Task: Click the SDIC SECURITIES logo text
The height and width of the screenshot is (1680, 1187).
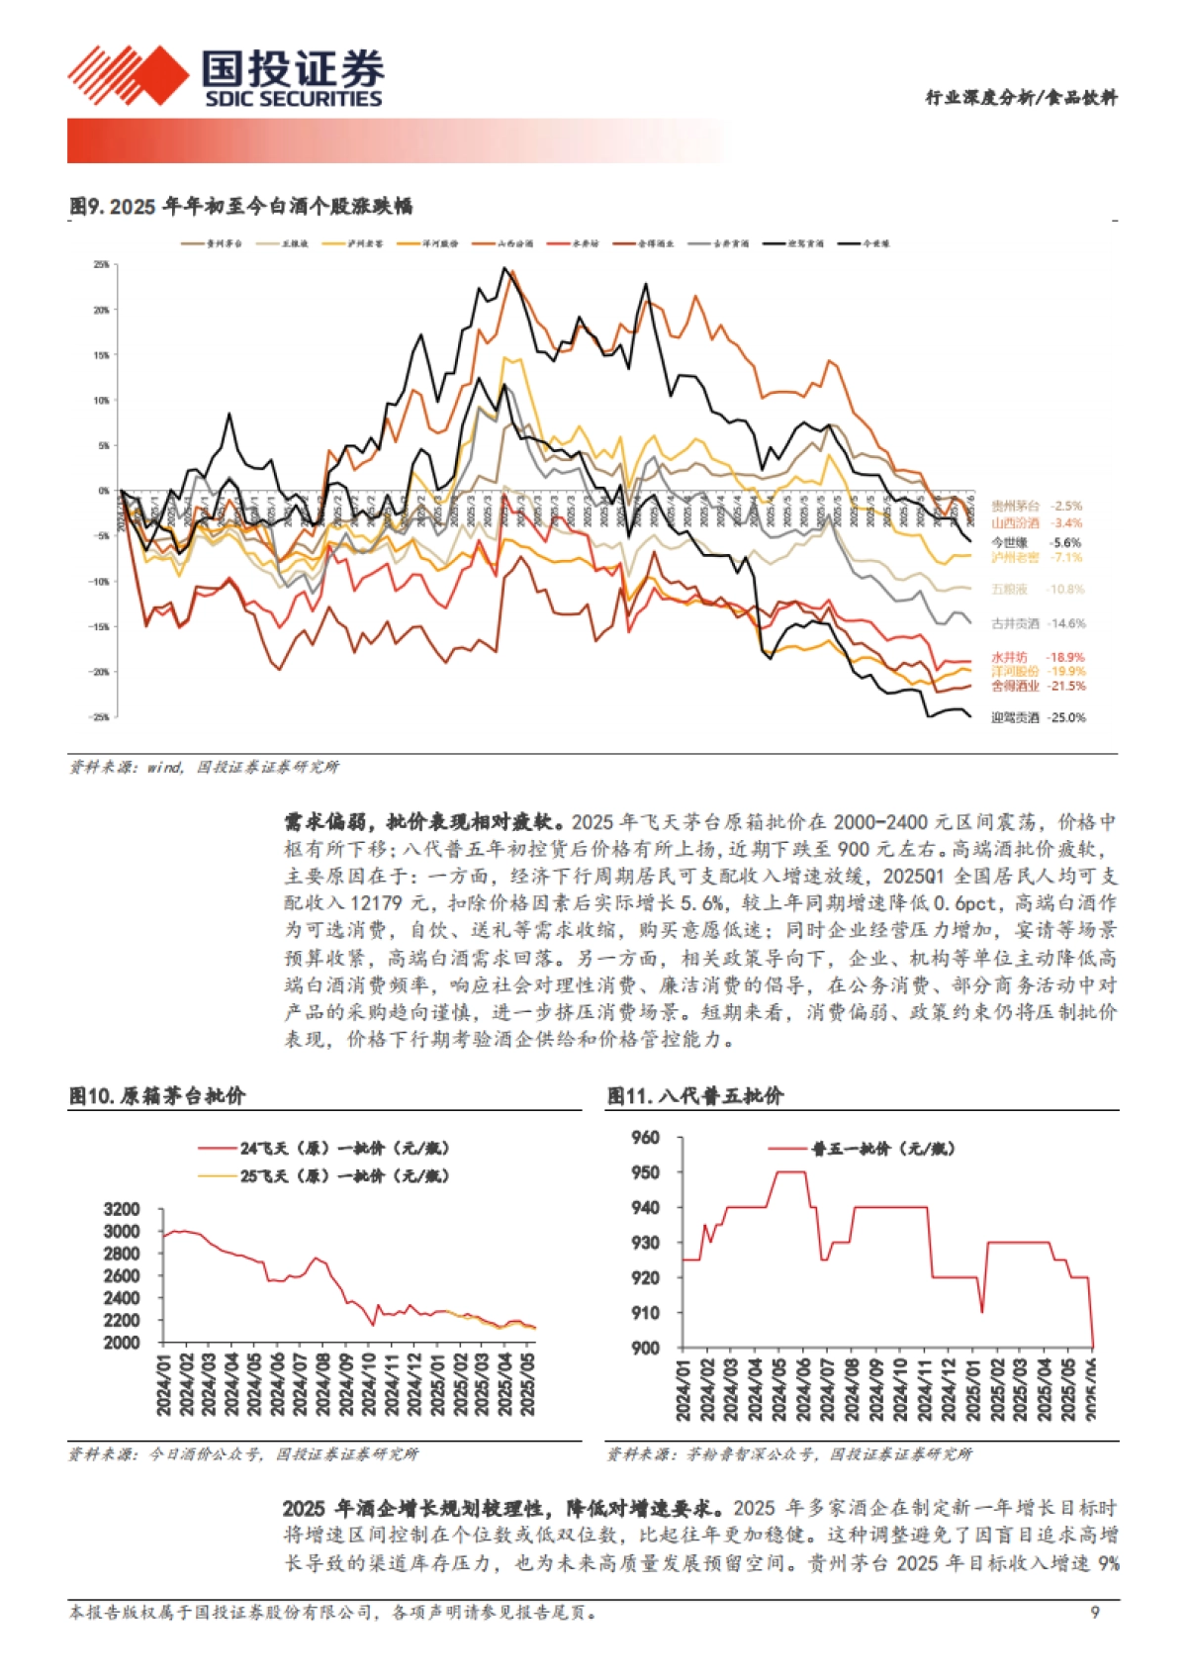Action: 293,99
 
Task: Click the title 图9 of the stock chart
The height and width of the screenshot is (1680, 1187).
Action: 240,207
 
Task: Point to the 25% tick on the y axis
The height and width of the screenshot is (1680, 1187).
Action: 102,265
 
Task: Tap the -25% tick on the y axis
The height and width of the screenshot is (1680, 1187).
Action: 101,717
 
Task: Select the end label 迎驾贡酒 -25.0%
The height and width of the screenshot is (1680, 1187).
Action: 1038,717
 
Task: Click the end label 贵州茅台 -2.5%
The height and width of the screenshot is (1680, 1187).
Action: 1037,506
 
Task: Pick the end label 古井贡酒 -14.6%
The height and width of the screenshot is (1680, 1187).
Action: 1038,623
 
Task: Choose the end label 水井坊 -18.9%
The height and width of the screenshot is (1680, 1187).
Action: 1038,657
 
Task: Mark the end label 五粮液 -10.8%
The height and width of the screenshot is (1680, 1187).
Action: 1038,589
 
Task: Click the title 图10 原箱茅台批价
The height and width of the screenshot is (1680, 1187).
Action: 157,1095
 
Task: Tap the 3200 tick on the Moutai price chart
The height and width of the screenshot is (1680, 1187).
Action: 122,1209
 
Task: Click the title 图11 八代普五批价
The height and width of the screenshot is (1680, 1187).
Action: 694,1095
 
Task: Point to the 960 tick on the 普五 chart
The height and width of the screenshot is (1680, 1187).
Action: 645,1138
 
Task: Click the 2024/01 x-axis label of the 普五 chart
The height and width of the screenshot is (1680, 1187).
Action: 683,1389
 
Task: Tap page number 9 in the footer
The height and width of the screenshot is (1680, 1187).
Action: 1095,1613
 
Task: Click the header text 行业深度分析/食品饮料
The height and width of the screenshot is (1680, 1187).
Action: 1020,97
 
